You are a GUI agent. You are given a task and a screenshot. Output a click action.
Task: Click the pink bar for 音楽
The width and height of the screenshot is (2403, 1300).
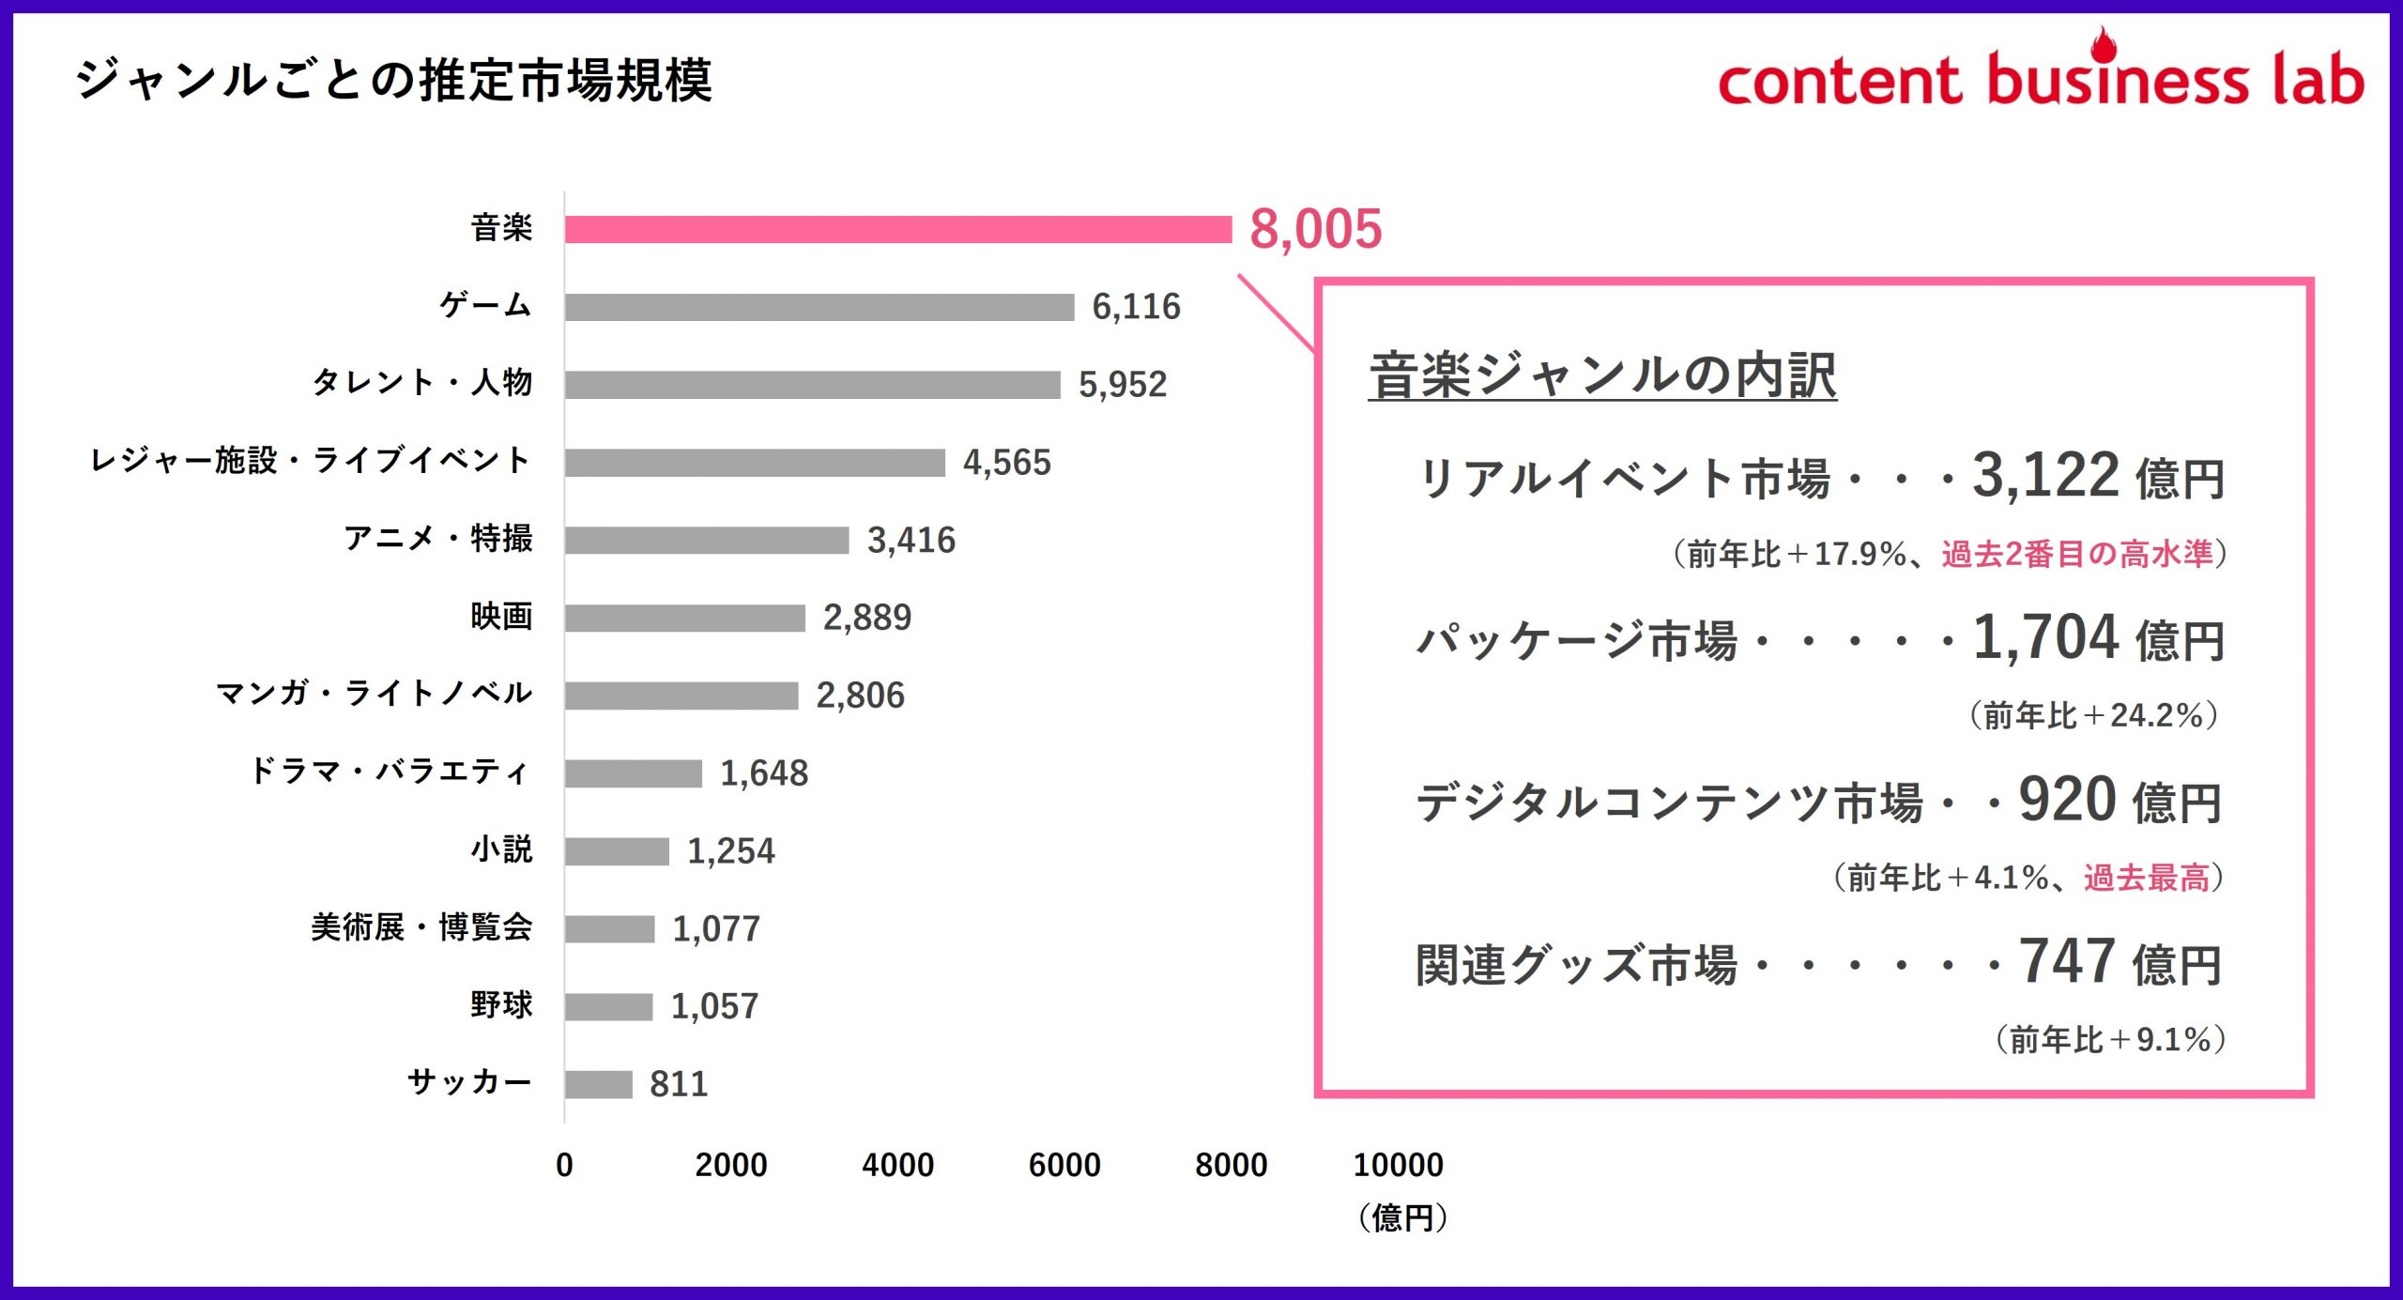click(x=897, y=229)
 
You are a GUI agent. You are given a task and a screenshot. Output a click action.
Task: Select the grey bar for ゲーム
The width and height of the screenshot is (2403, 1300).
click(x=819, y=307)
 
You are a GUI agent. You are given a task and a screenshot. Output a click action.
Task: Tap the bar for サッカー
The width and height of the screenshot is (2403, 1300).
click(x=598, y=1084)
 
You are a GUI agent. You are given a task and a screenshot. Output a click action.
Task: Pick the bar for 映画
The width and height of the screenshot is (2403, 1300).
click(x=684, y=618)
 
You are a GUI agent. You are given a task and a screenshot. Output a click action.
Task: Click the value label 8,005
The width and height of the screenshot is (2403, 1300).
click(x=1315, y=229)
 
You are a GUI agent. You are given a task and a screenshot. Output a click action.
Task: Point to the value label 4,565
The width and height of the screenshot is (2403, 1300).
click(x=1006, y=463)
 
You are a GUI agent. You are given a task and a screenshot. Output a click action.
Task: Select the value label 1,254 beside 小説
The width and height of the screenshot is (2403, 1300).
click(x=730, y=851)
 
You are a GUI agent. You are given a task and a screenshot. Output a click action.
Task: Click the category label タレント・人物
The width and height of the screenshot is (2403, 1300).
click(x=421, y=383)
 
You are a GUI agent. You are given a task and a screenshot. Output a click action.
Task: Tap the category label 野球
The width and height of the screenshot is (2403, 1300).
click(x=501, y=1005)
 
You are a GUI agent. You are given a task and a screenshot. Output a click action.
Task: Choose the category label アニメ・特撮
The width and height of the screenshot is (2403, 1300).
click(x=437, y=539)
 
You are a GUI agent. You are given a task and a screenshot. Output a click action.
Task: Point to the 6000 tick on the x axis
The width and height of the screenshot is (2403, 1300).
click(x=1064, y=1165)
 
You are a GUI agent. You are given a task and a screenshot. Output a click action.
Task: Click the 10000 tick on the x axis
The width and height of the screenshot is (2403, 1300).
click(x=1398, y=1165)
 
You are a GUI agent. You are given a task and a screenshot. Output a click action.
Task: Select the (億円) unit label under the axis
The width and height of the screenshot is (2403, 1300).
click(x=1402, y=1217)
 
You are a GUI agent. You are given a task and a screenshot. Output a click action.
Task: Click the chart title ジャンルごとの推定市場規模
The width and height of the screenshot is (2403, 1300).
click(x=394, y=80)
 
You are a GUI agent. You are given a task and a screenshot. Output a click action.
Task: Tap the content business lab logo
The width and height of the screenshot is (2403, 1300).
click(x=2040, y=75)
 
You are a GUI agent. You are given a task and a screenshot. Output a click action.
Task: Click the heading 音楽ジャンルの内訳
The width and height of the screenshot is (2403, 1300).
click(x=1601, y=375)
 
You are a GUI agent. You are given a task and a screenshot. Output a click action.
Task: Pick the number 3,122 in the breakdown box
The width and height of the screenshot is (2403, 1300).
click(x=2044, y=475)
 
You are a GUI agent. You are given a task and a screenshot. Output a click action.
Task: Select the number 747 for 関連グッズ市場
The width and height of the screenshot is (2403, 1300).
click(x=2065, y=961)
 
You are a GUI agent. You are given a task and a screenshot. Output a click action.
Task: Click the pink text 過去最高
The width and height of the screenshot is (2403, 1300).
click(x=2146, y=879)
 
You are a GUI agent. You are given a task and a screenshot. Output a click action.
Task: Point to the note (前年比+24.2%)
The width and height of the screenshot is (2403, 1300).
click(x=2093, y=716)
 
